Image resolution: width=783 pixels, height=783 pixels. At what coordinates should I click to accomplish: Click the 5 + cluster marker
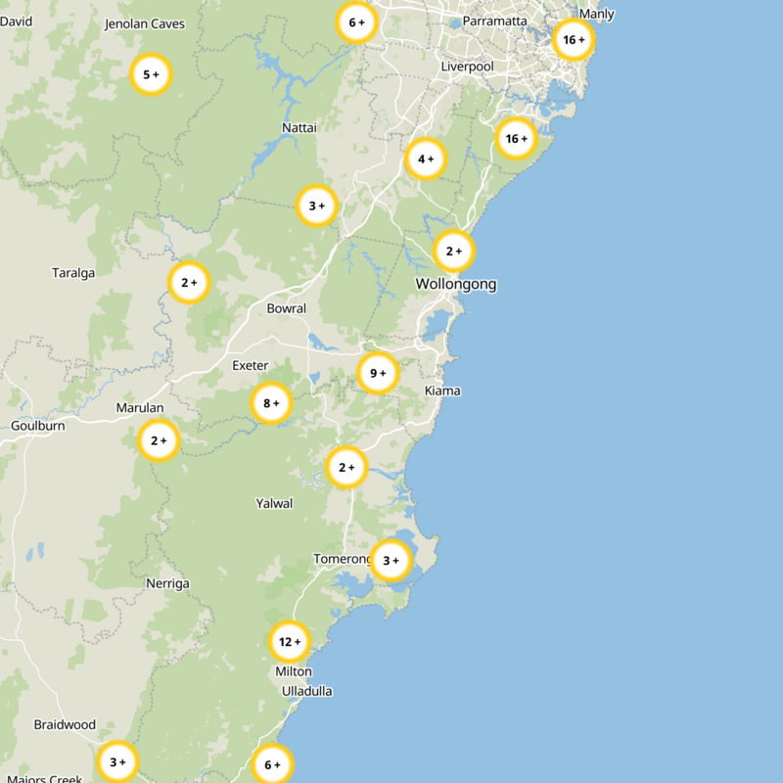(x=151, y=74)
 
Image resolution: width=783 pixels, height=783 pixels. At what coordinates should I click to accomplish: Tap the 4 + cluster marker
(x=426, y=159)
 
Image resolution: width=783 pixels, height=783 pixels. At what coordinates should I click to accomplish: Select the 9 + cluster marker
(x=378, y=373)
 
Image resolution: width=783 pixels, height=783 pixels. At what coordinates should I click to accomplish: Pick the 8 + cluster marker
(x=271, y=402)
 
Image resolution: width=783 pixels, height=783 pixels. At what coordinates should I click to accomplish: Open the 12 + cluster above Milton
(x=290, y=642)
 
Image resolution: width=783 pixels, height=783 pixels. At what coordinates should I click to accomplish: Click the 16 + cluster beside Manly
(x=573, y=40)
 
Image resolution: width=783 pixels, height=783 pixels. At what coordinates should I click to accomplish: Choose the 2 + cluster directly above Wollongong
(x=454, y=252)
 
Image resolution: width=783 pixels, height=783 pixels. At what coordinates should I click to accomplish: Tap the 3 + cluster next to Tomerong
(x=391, y=561)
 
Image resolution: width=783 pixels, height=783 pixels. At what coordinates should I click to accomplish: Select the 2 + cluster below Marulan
(x=159, y=440)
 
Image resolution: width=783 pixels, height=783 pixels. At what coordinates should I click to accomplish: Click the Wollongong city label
(x=456, y=285)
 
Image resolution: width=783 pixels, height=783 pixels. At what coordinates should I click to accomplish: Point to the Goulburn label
(x=37, y=426)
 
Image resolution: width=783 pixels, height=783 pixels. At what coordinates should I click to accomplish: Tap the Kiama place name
(x=442, y=391)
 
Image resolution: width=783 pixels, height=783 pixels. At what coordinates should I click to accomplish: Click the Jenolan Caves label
(x=145, y=23)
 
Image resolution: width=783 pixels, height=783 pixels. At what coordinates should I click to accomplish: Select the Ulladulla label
(x=307, y=691)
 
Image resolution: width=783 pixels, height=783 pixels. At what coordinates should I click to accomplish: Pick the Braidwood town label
(x=65, y=725)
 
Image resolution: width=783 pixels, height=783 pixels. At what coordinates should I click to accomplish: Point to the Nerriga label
(x=167, y=583)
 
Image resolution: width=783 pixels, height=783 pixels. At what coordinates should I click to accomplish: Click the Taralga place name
(x=73, y=273)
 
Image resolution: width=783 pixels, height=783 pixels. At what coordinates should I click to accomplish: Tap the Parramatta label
(x=495, y=21)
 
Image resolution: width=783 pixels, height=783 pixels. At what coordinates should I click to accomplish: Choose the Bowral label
(x=287, y=308)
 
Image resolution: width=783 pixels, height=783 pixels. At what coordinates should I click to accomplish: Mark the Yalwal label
(x=274, y=503)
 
